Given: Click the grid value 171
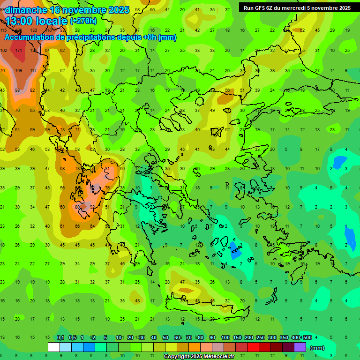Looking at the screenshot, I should pyautogui.click(x=19, y=50).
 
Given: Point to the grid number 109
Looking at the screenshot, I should pyautogui.click(x=19, y=70).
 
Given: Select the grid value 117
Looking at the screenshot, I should pyautogui.click(x=33, y=70).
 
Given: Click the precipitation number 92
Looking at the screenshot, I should pyautogui.click(x=93, y=207).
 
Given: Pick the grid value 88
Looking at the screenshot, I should pyautogui.click(x=78, y=207).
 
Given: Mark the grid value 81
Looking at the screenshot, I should pyautogui.click(x=107, y=169).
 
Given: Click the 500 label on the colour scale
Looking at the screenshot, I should pyautogui.click(x=307, y=338).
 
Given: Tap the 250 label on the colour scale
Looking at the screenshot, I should pyautogui.click(x=261, y=338).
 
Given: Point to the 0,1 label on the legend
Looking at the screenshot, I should pyautogui.click(x=60, y=338).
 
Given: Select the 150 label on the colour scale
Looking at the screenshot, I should pyautogui.click(x=237, y=338).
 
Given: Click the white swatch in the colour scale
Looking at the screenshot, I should pyautogui.click(x=54, y=347).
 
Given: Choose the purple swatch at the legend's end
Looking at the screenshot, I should pyautogui.click(x=300, y=347).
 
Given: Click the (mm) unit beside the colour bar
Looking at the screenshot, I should pyautogui.click(x=317, y=348).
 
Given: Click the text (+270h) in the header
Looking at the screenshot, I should pyautogui.click(x=83, y=21).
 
